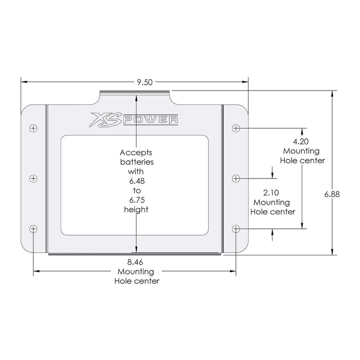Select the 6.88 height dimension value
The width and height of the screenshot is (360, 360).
coord(332,194)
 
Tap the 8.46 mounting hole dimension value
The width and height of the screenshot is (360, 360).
coord(136,262)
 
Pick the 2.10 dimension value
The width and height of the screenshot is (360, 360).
coord(271,193)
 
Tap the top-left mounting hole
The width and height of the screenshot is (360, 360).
coord(33,128)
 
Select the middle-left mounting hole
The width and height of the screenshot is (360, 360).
coord(33,178)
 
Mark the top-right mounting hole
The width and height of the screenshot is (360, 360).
coord(236,128)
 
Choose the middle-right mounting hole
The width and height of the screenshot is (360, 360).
coord(236,178)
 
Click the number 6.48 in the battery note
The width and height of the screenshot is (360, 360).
coord(136,181)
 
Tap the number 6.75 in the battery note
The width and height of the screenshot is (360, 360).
coord(136,200)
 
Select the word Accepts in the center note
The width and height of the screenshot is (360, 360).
coord(136,153)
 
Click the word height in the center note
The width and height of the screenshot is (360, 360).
coord(136,210)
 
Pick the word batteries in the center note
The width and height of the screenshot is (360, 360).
coord(136,162)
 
